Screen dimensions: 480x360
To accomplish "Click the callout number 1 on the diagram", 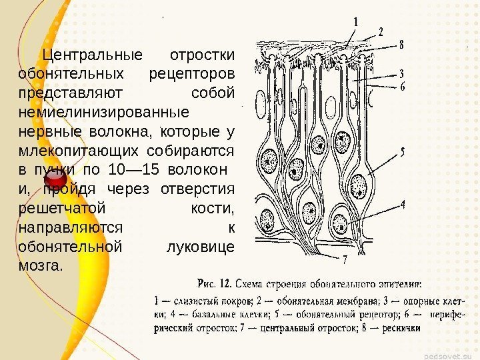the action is pos(355,21).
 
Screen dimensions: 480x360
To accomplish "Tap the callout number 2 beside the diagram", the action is pos(381,31).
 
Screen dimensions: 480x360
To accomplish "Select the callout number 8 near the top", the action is pos(402,45).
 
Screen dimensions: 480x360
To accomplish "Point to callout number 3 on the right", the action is pos(402,73).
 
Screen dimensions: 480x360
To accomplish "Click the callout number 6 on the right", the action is pos(402,86).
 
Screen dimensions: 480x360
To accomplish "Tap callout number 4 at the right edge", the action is pos(402,205).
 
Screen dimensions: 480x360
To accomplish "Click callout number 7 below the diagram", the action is pos(345,258).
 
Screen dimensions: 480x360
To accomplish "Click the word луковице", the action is pos(199,247).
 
